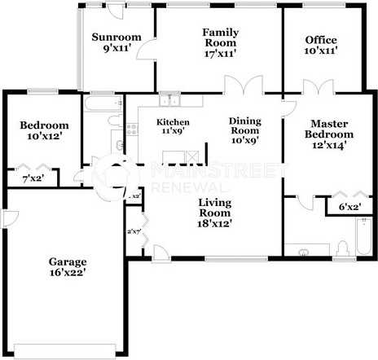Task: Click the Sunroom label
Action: pos(116,37)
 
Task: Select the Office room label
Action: pos(321,40)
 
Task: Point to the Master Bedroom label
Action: pos(329,129)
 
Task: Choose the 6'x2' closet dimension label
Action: pos(349,207)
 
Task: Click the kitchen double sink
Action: pos(169,101)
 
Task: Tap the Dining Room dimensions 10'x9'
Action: pos(244,141)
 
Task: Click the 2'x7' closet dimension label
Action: pos(133,232)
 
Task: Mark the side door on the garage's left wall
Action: pos(6,219)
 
